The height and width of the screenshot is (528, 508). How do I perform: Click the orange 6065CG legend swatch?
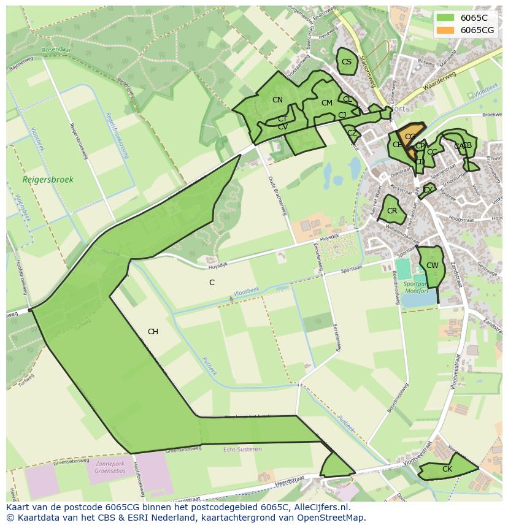coord(446,30)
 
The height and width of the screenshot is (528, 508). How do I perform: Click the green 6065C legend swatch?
coord(446,18)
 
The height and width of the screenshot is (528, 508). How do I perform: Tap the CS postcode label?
coord(347,62)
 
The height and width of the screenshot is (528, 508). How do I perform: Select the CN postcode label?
coord(277,100)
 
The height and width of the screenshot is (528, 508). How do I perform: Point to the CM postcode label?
coord(326,103)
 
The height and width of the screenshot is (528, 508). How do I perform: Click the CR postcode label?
coord(392,211)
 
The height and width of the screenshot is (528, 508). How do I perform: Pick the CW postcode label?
coord(433,266)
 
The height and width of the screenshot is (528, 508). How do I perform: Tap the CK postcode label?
coord(447,469)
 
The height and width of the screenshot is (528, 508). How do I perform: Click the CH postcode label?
coord(153,332)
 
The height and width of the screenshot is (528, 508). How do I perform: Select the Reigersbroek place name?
coord(48,180)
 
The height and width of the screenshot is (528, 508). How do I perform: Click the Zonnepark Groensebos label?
coord(110,468)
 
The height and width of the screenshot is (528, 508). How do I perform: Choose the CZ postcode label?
coord(352,133)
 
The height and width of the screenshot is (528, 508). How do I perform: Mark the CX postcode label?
coord(428,190)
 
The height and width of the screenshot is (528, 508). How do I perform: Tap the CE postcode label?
coord(398,145)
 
